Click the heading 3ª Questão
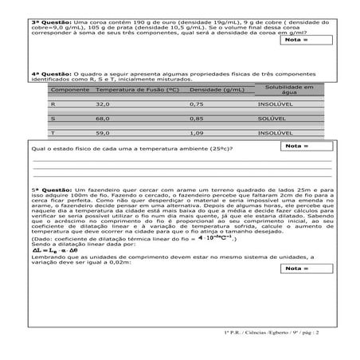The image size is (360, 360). pos(45,19)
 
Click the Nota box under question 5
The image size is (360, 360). pos(307,268)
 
